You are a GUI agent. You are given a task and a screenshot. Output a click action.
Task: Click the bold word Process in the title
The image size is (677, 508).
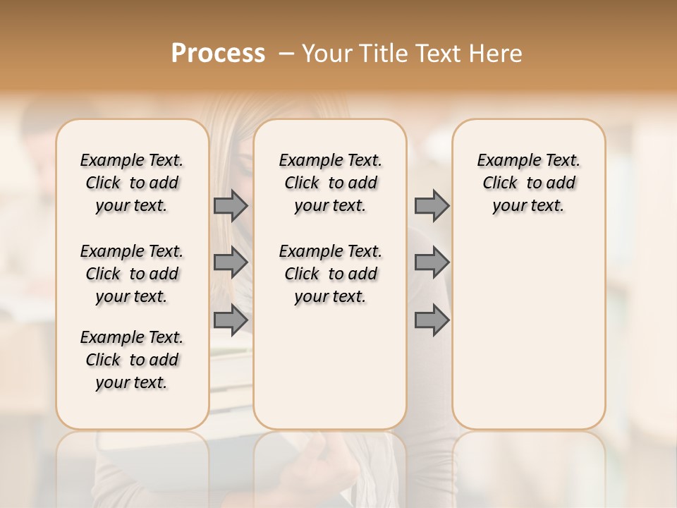(218, 54)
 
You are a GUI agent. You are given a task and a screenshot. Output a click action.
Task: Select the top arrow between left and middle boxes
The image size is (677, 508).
(230, 205)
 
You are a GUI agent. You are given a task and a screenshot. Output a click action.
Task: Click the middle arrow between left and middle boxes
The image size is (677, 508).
(230, 262)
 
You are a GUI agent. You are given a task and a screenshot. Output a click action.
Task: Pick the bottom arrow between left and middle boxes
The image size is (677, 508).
(230, 320)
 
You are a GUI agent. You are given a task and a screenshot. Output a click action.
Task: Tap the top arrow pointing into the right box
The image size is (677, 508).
(432, 205)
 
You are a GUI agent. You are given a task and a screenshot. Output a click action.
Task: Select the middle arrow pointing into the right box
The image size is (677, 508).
(432, 262)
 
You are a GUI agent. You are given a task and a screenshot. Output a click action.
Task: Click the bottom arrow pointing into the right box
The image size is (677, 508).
(432, 320)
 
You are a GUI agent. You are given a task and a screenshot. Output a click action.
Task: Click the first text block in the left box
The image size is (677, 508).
(132, 183)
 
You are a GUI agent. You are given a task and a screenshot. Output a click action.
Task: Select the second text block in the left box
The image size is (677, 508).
(132, 274)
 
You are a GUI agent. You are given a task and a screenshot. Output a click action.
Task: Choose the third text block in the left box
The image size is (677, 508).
(132, 360)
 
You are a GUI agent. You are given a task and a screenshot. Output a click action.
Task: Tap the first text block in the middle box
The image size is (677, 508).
(330, 183)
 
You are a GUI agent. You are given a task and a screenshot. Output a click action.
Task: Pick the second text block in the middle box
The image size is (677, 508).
(330, 274)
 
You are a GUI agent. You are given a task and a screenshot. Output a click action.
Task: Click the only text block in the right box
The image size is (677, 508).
(529, 183)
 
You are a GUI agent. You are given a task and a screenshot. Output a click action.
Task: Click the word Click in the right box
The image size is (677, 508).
(500, 183)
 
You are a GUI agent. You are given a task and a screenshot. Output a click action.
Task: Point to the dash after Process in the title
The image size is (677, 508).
(286, 54)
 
